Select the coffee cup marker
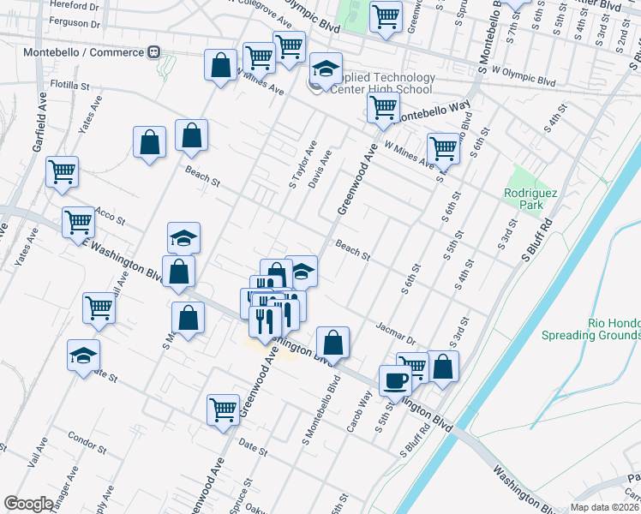pos(395,380)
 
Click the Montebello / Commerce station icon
pos(155,52)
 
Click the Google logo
pos(28,504)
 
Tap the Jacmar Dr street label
pos(396,332)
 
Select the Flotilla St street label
pos(69,86)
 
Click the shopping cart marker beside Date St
pos(223,409)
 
